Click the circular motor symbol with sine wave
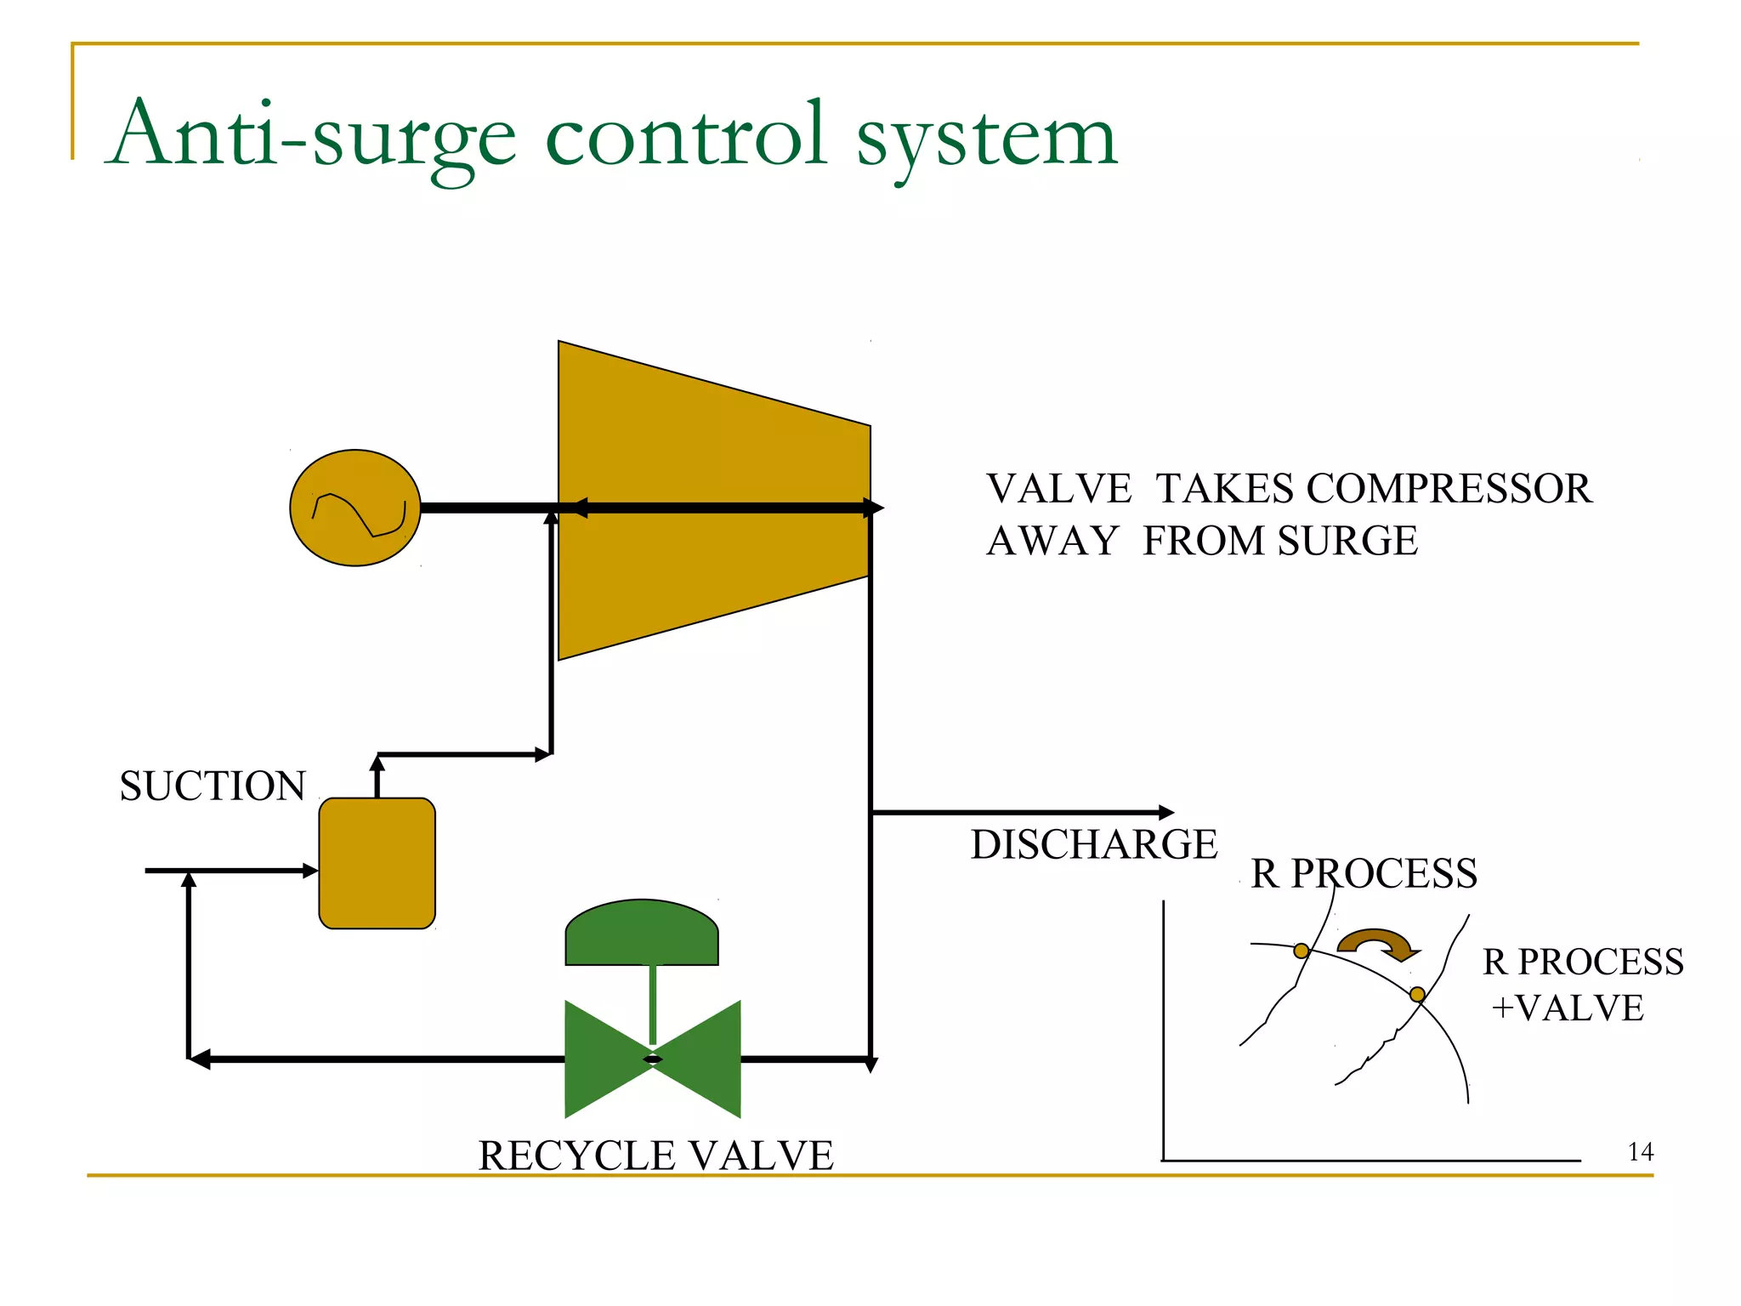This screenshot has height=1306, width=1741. (x=355, y=508)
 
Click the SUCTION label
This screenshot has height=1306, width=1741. (x=213, y=786)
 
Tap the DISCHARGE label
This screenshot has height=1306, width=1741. (x=1094, y=844)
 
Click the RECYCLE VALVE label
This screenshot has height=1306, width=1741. (x=655, y=1156)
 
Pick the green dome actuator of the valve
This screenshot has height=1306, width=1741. (x=642, y=934)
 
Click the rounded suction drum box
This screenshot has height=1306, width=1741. (x=377, y=863)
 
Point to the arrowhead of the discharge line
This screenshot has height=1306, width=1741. (x=1167, y=813)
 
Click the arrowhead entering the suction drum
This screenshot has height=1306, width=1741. (x=311, y=871)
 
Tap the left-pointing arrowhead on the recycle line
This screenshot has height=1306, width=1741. (x=199, y=1059)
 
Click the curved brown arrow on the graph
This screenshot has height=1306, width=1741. (x=1377, y=942)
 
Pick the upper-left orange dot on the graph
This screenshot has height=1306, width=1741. (x=1301, y=951)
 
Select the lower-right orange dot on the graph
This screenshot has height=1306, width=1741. (x=1417, y=995)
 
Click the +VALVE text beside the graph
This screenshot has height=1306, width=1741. (x=1568, y=1008)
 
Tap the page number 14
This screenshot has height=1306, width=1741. (x=1640, y=1152)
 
